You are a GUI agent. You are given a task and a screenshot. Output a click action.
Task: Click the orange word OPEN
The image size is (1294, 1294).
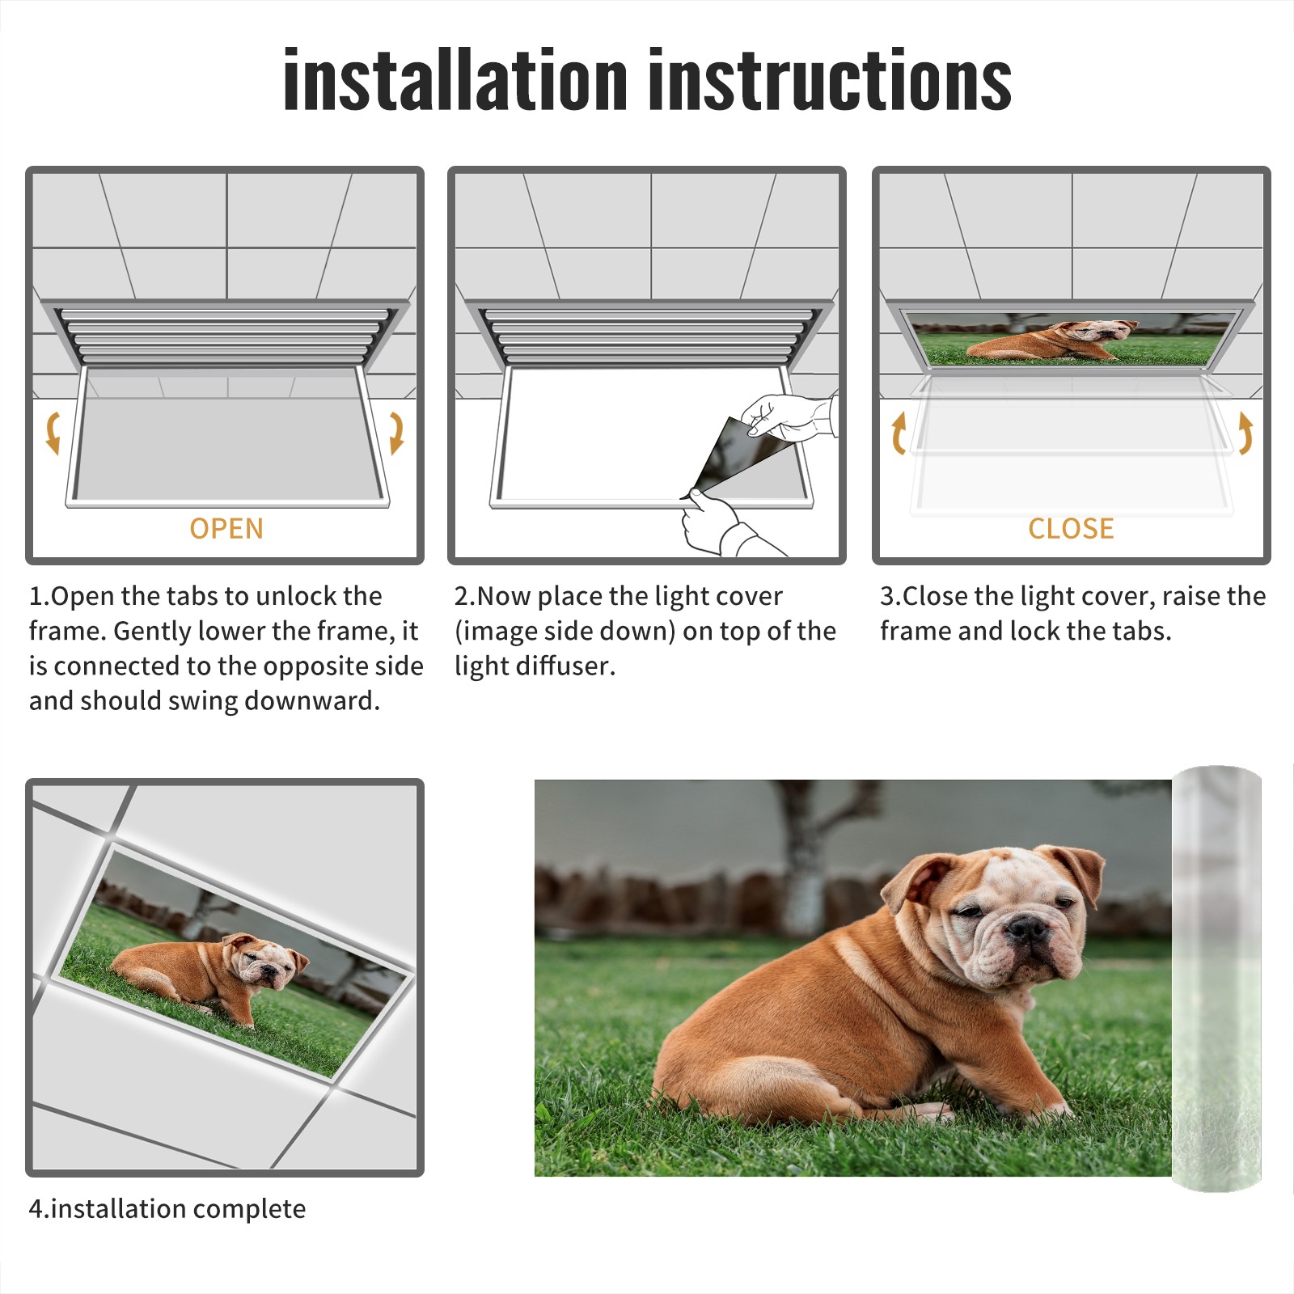[226, 528]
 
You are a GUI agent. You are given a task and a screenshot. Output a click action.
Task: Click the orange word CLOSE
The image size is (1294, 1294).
[1071, 528]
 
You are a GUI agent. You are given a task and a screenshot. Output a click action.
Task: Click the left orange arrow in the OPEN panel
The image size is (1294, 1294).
[53, 433]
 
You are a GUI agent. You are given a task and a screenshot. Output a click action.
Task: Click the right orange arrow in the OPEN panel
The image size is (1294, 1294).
[396, 433]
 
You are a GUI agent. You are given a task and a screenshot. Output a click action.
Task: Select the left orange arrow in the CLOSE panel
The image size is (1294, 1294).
[899, 433]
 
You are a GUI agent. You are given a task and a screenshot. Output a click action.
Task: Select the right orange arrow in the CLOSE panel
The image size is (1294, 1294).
[1245, 433]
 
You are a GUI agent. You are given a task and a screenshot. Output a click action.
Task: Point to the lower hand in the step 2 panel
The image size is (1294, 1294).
[724, 526]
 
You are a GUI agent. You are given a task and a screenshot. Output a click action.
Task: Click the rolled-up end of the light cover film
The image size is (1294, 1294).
[1216, 979]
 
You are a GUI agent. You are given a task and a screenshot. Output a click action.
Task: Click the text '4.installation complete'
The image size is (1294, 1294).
[167, 1208]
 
